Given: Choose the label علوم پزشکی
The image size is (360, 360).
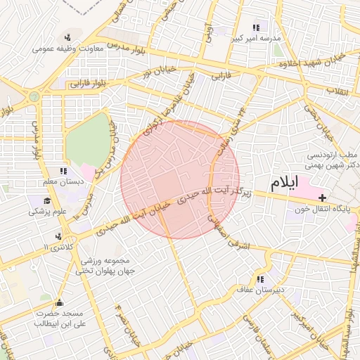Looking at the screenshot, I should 47,210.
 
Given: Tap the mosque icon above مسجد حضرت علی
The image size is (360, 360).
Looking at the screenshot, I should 59,303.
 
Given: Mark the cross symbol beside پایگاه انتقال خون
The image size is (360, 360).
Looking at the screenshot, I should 322,198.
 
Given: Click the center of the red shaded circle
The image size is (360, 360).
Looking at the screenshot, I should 180,179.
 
